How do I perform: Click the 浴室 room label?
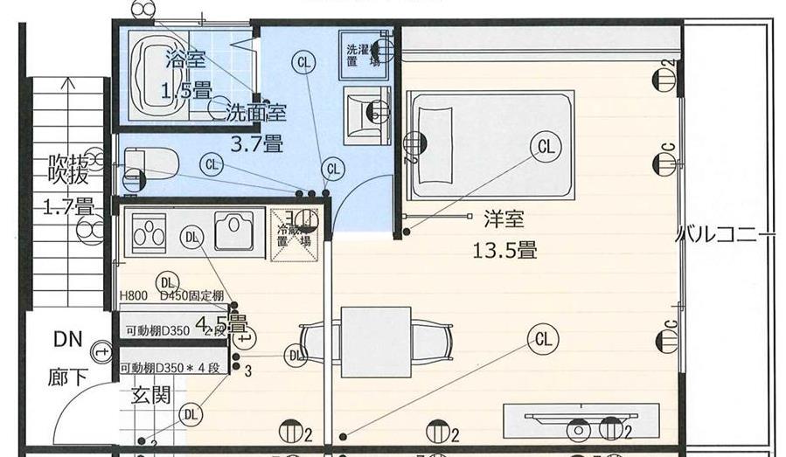tap(185, 59)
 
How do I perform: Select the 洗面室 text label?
tap(256, 112)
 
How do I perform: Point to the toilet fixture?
tap(150, 163)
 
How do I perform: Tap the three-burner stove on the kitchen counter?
tap(149, 232)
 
